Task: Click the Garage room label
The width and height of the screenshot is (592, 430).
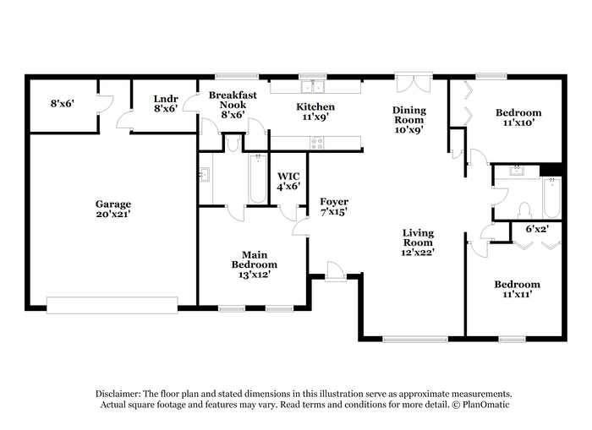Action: (x=112, y=209)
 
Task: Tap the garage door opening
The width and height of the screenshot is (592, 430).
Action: (x=112, y=305)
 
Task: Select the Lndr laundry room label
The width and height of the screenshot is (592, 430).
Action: (x=166, y=104)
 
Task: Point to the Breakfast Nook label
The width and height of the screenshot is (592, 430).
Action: (x=233, y=105)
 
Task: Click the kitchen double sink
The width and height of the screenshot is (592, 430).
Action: (x=313, y=87)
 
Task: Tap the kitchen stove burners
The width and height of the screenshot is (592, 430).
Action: (x=317, y=143)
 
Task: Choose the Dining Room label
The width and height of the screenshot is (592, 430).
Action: (x=408, y=120)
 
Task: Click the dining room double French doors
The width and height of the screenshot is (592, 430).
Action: (x=414, y=83)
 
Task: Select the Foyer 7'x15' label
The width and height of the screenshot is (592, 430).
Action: (x=334, y=207)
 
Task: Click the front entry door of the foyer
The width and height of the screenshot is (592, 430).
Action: (x=335, y=271)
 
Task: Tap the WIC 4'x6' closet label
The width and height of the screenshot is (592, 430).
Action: (x=288, y=181)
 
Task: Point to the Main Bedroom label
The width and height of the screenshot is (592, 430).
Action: (x=254, y=264)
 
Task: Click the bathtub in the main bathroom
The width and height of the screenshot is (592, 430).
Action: (x=258, y=178)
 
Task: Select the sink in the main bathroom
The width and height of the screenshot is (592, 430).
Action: (x=205, y=175)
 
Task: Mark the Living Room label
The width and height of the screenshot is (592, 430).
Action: (x=418, y=242)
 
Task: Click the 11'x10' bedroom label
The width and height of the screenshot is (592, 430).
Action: (x=518, y=117)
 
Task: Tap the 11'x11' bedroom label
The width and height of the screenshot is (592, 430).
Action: (x=518, y=289)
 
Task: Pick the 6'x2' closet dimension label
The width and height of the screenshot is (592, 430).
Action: (x=537, y=229)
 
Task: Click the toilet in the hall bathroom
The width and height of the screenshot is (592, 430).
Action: (x=525, y=210)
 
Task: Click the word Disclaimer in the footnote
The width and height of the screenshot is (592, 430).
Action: (x=118, y=394)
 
